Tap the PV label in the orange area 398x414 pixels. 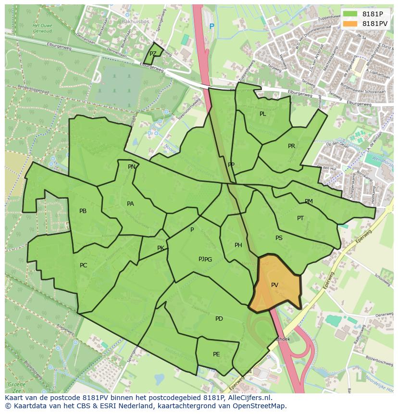(274, 285)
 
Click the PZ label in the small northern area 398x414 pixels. (153, 54)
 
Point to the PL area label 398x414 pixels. (262, 114)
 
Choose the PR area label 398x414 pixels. (291, 146)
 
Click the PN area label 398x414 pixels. (131, 167)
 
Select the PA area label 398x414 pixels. (130, 204)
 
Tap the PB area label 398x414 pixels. (83, 211)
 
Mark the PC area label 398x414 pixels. (83, 265)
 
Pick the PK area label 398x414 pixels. (161, 248)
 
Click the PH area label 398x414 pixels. (238, 245)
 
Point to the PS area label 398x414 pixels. (279, 238)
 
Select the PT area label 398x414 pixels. (300, 218)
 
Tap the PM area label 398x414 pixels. (309, 201)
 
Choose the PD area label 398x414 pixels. (219, 319)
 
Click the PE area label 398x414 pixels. (216, 354)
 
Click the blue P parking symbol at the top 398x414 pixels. (211, 26)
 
